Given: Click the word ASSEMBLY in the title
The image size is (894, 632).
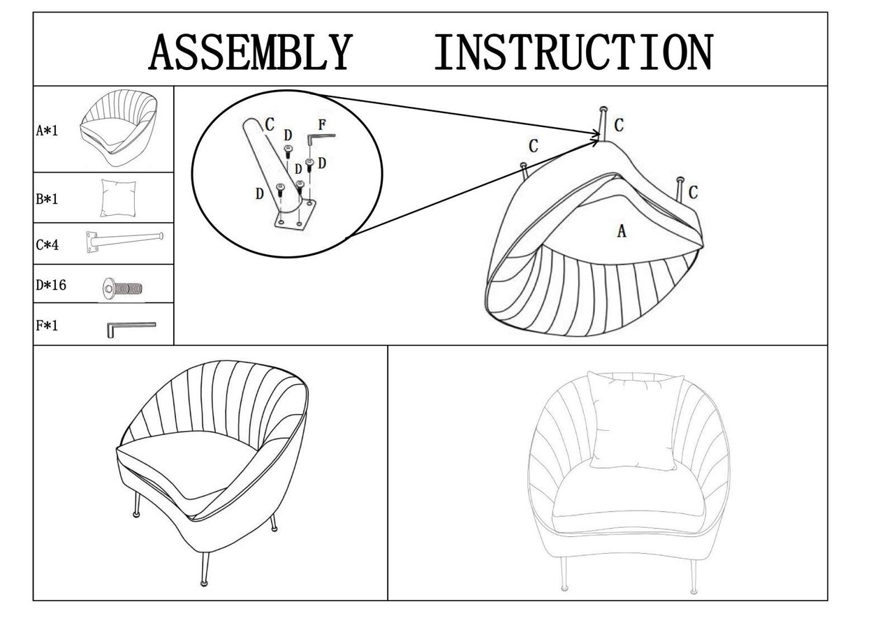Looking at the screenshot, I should [249, 52].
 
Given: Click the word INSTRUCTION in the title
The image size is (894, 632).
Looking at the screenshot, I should [573, 52].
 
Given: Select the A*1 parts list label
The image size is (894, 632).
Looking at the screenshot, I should [47, 130].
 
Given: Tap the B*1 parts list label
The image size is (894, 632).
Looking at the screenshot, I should [47, 199].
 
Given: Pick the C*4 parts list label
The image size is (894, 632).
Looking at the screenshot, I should [47, 245].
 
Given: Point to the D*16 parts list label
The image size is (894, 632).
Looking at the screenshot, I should [51, 285].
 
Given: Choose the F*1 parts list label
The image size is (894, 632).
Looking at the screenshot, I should [47, 325].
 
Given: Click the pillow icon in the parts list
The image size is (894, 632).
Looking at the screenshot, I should [118, 198].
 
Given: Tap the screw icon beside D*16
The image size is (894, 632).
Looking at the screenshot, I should [122, 288].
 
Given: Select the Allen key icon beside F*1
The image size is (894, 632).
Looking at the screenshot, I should [131, 327].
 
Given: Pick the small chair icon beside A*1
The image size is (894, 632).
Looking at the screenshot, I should [118, 128].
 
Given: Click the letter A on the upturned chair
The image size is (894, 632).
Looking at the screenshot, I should [622, 231].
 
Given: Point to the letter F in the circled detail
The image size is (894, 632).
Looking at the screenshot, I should [322, 126].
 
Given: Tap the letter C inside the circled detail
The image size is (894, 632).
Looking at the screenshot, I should [270, 124].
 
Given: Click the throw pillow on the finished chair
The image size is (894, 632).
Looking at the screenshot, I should [634, 421].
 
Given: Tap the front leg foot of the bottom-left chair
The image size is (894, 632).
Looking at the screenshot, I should [203, 582].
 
